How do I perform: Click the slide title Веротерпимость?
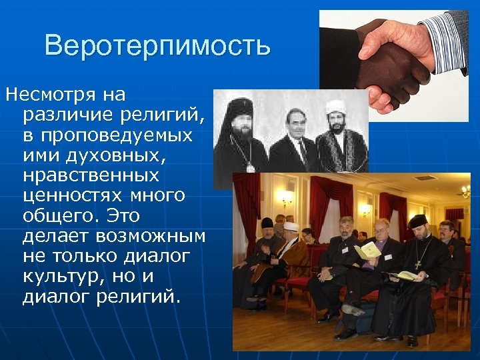click(157, 46)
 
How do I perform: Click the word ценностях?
click(71, 196)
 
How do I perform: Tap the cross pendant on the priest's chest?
click(418, 264)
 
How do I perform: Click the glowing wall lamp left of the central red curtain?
click(287, 197)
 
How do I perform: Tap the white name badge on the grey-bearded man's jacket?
click(345, 249)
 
